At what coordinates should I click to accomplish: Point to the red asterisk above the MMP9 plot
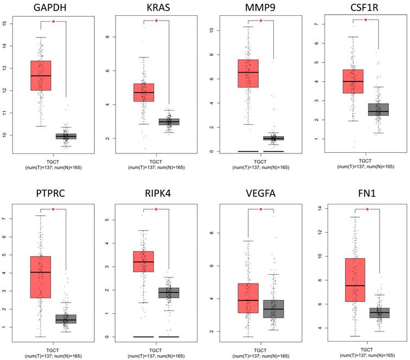click(261, 21)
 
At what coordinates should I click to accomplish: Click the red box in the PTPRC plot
click(40, 277)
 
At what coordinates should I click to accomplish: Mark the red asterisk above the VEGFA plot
click(261, 209)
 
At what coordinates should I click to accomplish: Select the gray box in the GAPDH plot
click(67, 136)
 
